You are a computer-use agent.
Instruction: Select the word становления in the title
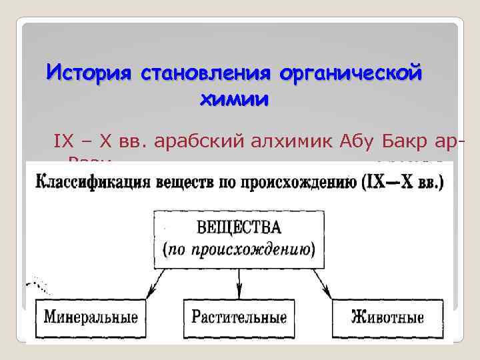(207, 71)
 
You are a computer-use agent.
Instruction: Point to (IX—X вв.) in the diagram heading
(403, 182)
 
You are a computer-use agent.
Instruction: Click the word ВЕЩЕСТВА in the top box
(239, 227)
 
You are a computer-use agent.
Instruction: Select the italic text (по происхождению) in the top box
(239, 250)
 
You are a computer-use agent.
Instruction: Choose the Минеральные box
(91, 317)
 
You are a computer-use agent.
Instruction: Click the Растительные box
(239, 317)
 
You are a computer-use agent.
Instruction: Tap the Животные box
(387, 317)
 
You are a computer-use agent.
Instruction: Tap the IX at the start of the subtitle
(62, 141)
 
